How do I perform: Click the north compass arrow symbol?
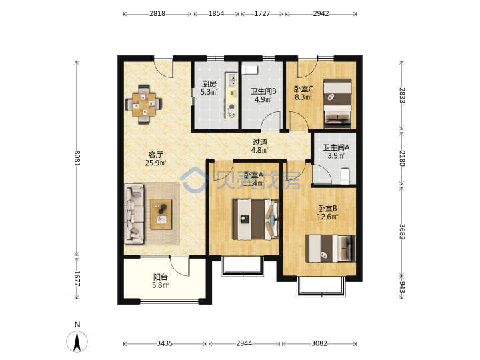point(77,341)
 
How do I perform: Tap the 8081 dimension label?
point(77,158)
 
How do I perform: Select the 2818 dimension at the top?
point(157,13)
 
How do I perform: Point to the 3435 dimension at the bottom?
point(165,343)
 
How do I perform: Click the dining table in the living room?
point(144,104)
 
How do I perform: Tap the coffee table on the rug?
point(161,214)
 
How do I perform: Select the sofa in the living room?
point(134,214)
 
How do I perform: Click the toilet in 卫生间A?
point(345,176)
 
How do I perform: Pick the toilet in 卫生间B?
point(250,69)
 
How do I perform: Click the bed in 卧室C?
point(337,103)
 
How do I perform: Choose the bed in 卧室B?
point(331,248)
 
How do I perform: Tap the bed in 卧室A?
point(256,219)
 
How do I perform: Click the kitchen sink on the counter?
point(232,79)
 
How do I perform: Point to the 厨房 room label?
point(209,83)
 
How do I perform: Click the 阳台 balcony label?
point(160,277)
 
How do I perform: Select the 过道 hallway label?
point(260,142)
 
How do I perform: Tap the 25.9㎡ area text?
point(155,163)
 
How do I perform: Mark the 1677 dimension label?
point(77,278)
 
